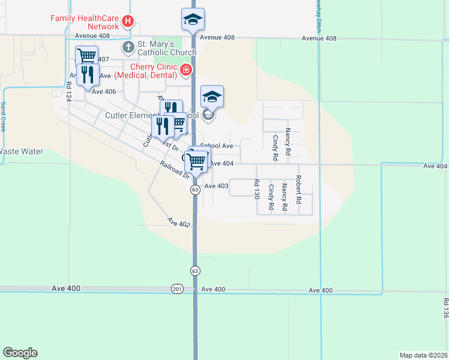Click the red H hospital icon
(x=127, y=22)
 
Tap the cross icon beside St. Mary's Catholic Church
(x=127, y=46)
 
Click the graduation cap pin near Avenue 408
(x=193, y=19)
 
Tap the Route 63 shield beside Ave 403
(x=195, y=190)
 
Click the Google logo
(x=20, y=353)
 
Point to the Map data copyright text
(x=423, y=355)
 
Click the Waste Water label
(x=22, y=152)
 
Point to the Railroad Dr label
(x=175, y=170)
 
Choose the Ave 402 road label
(x=179, y=223)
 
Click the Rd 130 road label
(x=257, y=190)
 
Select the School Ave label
(x=217, y=146)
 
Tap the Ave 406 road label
(x=103, y=91)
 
